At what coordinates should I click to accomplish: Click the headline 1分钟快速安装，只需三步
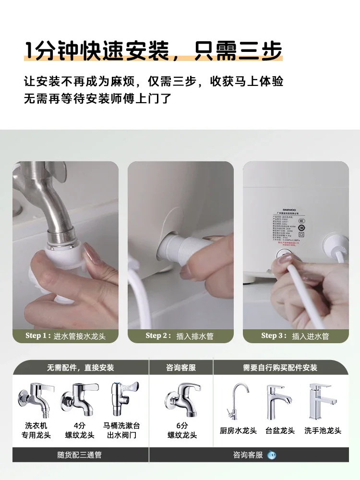[153, 51]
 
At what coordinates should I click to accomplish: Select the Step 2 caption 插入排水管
[180, 336]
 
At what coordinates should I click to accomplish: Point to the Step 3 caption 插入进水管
[296, 336]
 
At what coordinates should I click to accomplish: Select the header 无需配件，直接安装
[80, 368]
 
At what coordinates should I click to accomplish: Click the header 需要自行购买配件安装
[280, 368]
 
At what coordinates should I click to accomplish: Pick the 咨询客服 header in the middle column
[181, 368]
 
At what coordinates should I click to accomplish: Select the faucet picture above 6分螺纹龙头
[181, 398]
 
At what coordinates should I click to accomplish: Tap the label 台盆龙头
[280, 431]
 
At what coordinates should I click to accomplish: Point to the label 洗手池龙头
[323, 431]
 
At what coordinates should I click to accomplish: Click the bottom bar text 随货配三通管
[80, 455]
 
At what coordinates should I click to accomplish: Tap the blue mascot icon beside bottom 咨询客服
[272, 455]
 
